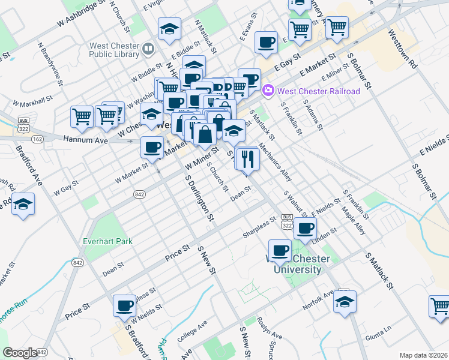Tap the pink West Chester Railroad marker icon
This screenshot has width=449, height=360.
[x=268, y=91]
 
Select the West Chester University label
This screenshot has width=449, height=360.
[x=298, y=265]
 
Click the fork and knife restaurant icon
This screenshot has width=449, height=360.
[x=246, y=159]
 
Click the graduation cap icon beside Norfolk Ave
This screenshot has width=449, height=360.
[x=345, y=302]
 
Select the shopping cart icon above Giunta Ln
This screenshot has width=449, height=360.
[x=439, y=306]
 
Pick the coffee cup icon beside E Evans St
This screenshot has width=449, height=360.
[x=266, y=43]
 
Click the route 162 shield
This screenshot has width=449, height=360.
[x=38, y=139]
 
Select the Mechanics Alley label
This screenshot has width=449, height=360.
[x=275, y=162]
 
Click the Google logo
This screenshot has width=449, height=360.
[x=20, y=353]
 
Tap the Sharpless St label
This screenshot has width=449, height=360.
[x=259, y=226]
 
